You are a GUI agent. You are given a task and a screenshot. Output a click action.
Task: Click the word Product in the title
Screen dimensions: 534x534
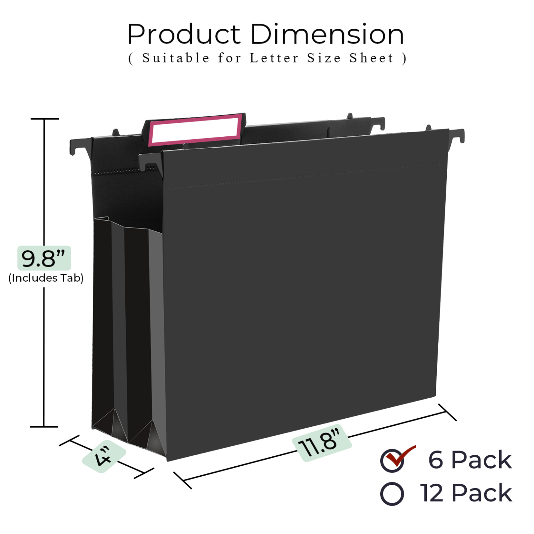point(184,34)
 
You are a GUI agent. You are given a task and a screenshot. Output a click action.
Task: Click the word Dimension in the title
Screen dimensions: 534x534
point(327,34)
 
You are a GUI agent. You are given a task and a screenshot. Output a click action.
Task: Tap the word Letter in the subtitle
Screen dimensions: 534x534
point(274,58)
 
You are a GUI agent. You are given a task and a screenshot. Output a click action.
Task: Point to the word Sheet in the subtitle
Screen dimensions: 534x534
point(372,58)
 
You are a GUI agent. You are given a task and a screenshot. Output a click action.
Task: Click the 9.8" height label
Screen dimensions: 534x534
point(44,258)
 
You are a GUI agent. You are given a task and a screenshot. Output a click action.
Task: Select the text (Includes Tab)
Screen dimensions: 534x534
point(46,278)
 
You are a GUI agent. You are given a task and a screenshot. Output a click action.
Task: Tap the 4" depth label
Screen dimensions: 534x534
point(103,456)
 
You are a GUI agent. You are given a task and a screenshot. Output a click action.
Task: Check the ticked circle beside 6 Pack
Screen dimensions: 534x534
point(392,461)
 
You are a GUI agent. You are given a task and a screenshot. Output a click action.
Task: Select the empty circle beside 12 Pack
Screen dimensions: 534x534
point(392,494)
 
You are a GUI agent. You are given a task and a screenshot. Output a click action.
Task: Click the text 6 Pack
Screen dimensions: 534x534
point(470,460)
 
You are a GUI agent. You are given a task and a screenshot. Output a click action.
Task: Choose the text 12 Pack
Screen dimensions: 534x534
point(466,493)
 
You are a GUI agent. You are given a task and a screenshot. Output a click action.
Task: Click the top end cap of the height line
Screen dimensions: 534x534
point(44,119)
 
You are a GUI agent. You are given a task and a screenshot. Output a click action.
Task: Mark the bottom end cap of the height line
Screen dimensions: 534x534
point(44,427)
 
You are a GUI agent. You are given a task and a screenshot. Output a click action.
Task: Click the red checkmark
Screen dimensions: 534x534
point(400,456)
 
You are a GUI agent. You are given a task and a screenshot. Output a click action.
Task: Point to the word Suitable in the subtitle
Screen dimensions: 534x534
point(176,58)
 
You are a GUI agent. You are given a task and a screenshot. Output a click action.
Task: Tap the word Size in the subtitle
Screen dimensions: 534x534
point(324,58)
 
